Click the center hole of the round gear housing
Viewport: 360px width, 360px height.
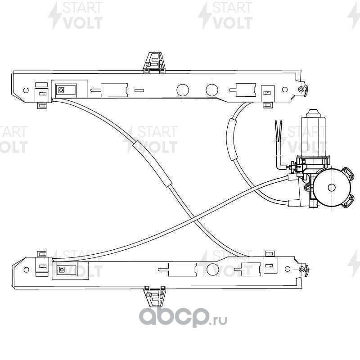pyautogui.click(x=332, y=188)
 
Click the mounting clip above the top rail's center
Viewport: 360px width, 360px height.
pyautogui.click(x=154, y=63)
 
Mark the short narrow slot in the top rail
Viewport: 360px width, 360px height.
pyautogui.click(x=139, y=90)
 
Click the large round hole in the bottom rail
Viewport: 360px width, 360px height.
pyautogui.click(x=212, y=270)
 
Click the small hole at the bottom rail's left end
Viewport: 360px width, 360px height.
pyautogui.click(x=26, y=270)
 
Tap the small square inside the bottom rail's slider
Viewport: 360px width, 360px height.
pyautogui.click(x=62, y=270)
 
